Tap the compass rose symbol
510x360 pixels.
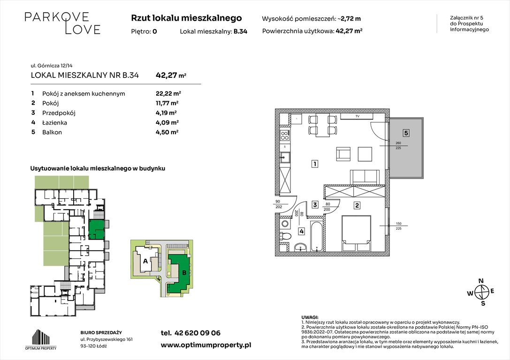tap(480, 292)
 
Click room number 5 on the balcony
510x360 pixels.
tap(406, 133)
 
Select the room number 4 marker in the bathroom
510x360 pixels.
tap(301, 231)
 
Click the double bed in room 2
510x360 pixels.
tap(357, 233)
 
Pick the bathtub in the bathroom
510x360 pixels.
tap(317, 235)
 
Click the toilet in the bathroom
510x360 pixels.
tap(285, 236)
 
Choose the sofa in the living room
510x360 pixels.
tap(365, 176)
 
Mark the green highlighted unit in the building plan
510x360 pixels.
tap(96, 229)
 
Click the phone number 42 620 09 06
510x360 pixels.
tap(190, 333)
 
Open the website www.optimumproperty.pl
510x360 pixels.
tap(206, 345)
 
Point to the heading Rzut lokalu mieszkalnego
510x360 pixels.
tap(186, 18)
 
